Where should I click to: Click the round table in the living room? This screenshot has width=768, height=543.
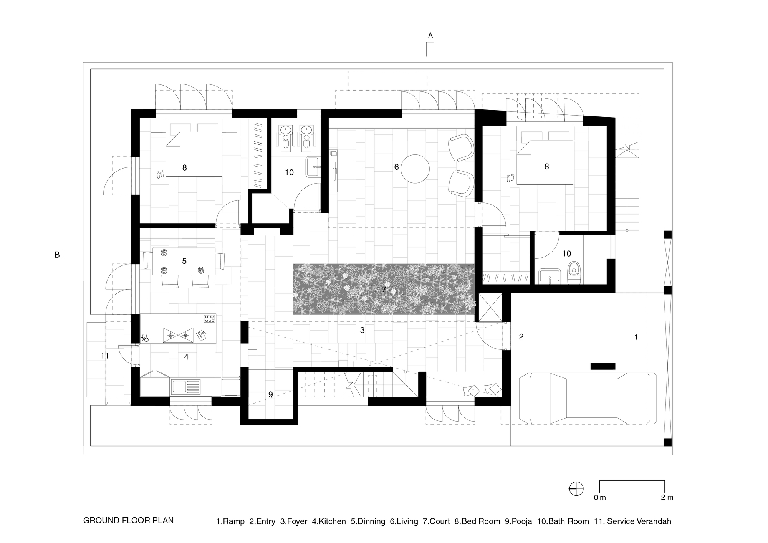(415, 169)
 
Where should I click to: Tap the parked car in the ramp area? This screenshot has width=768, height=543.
(588, 398)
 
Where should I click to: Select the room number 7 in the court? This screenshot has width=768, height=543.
(384, 289)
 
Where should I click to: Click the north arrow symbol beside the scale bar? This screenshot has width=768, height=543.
(576, 488)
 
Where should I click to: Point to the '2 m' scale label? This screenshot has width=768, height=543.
(667, 497)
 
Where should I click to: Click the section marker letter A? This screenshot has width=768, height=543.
(430, 36)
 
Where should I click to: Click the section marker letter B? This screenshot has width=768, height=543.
(57, 255)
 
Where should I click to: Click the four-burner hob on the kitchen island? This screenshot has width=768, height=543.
(210, 318)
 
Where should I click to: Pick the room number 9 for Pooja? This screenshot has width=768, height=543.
(270, 394)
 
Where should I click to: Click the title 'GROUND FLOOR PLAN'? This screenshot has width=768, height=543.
(128, 521)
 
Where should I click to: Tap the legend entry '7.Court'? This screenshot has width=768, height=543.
(437, 521)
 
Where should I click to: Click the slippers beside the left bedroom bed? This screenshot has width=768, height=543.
(161, 174)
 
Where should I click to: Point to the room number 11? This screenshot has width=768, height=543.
(105, 356)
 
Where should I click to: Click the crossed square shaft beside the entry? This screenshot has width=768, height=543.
(491, 307)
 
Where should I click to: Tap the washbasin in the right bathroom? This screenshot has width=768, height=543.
(550, 276)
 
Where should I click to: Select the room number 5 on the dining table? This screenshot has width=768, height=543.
(184, 261)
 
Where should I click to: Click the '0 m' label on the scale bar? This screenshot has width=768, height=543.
(599, 498)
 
